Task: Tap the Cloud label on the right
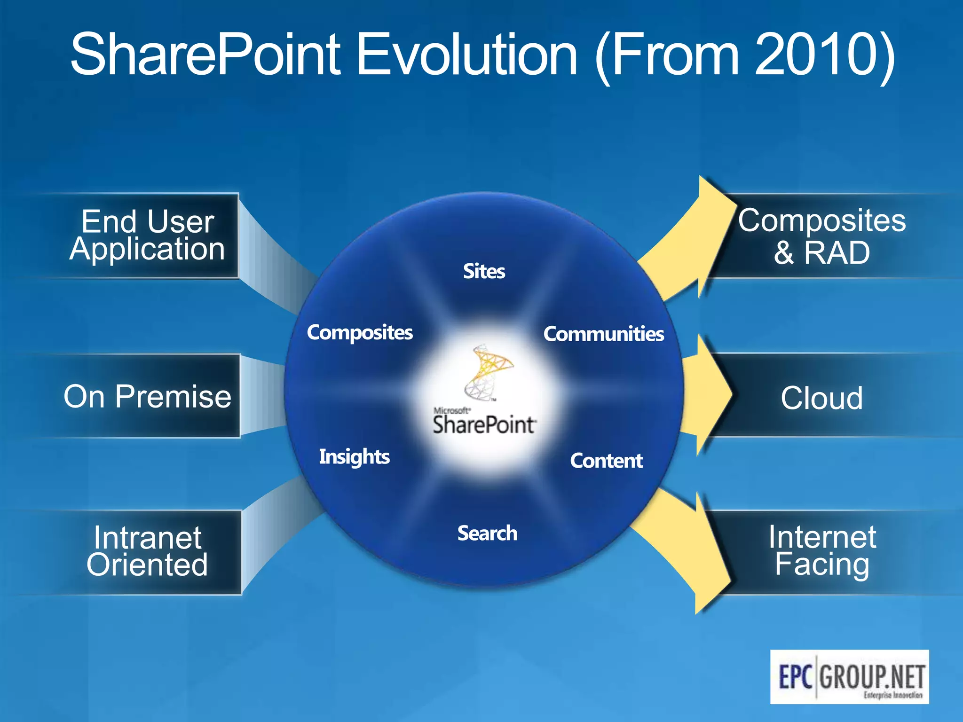point(821,398)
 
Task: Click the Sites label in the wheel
point(484,271)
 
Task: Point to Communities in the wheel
point(603,334)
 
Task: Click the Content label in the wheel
point(606,461)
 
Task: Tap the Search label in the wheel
point(487,533)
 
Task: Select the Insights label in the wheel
point(354,456)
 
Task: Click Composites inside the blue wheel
point(360,332)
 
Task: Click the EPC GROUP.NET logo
point(849,676)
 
